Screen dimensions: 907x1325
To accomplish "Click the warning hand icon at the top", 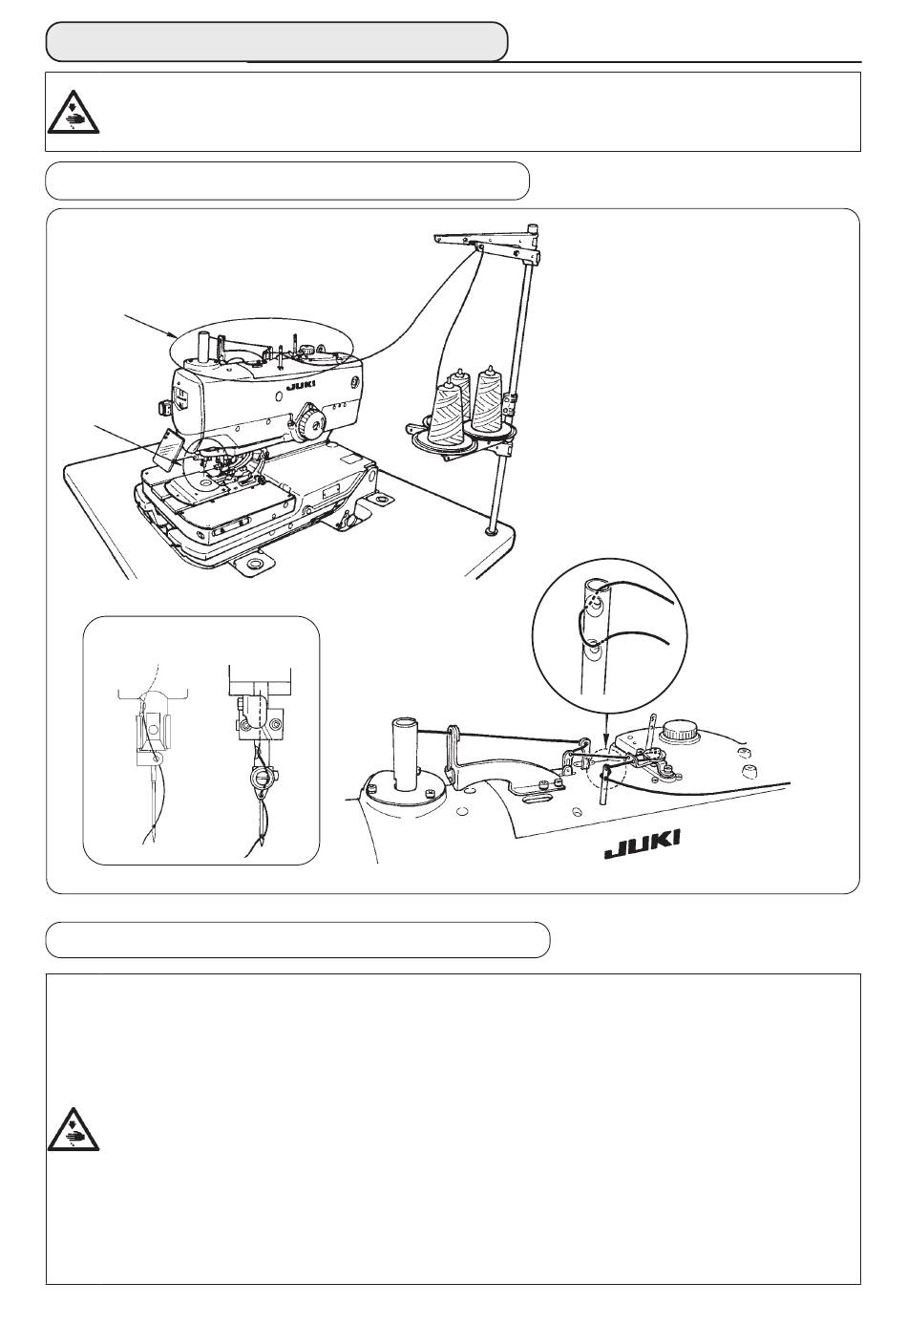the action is click(x=74, y=111).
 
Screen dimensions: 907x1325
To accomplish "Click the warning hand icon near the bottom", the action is click(x=74, y=1128).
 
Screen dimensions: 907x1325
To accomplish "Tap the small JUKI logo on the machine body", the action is click(x=301, y=385).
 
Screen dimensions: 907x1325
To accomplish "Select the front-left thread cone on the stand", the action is click(x=447, y=413).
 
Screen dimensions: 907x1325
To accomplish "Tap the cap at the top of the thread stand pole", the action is click(x=532, y=227).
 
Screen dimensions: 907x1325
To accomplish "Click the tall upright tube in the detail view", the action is click(x=404, y=754).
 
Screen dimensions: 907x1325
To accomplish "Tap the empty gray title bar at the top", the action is click(x=277, y=42).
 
